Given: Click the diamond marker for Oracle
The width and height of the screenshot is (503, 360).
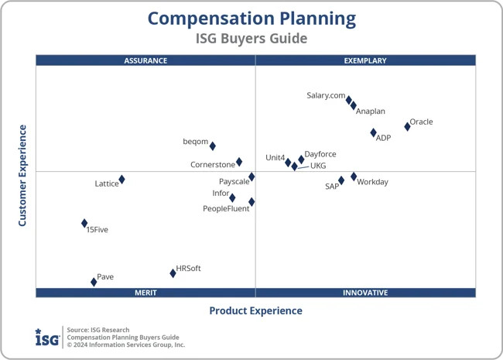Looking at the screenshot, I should pos(407,126).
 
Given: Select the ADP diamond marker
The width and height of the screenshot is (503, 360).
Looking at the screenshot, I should pos(373,133).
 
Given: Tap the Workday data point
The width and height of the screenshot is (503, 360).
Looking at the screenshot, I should pos(354,177).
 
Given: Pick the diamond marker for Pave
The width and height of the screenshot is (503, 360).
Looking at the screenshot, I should pos(94,282).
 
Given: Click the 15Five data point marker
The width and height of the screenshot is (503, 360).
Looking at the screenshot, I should pos(84,223).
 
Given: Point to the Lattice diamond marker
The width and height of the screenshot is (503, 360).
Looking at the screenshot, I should pos(121,180).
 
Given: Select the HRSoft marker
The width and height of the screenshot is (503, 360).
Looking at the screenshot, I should pos(173,273).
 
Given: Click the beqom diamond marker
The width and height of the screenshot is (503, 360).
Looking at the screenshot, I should pos(213,146).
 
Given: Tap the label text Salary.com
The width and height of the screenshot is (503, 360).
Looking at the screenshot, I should pos(326,96).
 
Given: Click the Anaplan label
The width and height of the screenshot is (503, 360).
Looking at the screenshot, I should pos(371,111).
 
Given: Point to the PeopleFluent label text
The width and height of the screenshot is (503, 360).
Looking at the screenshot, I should pos(226,209).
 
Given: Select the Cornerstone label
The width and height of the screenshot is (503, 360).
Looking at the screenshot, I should pos(213,165).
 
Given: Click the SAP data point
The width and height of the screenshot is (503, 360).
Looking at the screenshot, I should pos(341,180).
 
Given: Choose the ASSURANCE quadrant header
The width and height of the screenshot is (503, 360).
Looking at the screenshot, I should pos(145,60).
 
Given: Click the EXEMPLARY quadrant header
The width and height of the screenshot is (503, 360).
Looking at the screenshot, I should pos(365,60).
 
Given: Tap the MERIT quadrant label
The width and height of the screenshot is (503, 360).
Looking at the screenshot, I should pos(145,293).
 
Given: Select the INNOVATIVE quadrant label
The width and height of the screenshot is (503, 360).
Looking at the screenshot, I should pos(365,293).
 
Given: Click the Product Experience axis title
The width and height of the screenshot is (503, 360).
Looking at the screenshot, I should pos(255,311).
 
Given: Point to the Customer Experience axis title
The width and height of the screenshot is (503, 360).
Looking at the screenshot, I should pos(23,176).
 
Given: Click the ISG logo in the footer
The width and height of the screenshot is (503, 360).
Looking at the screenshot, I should pos(46,338).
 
